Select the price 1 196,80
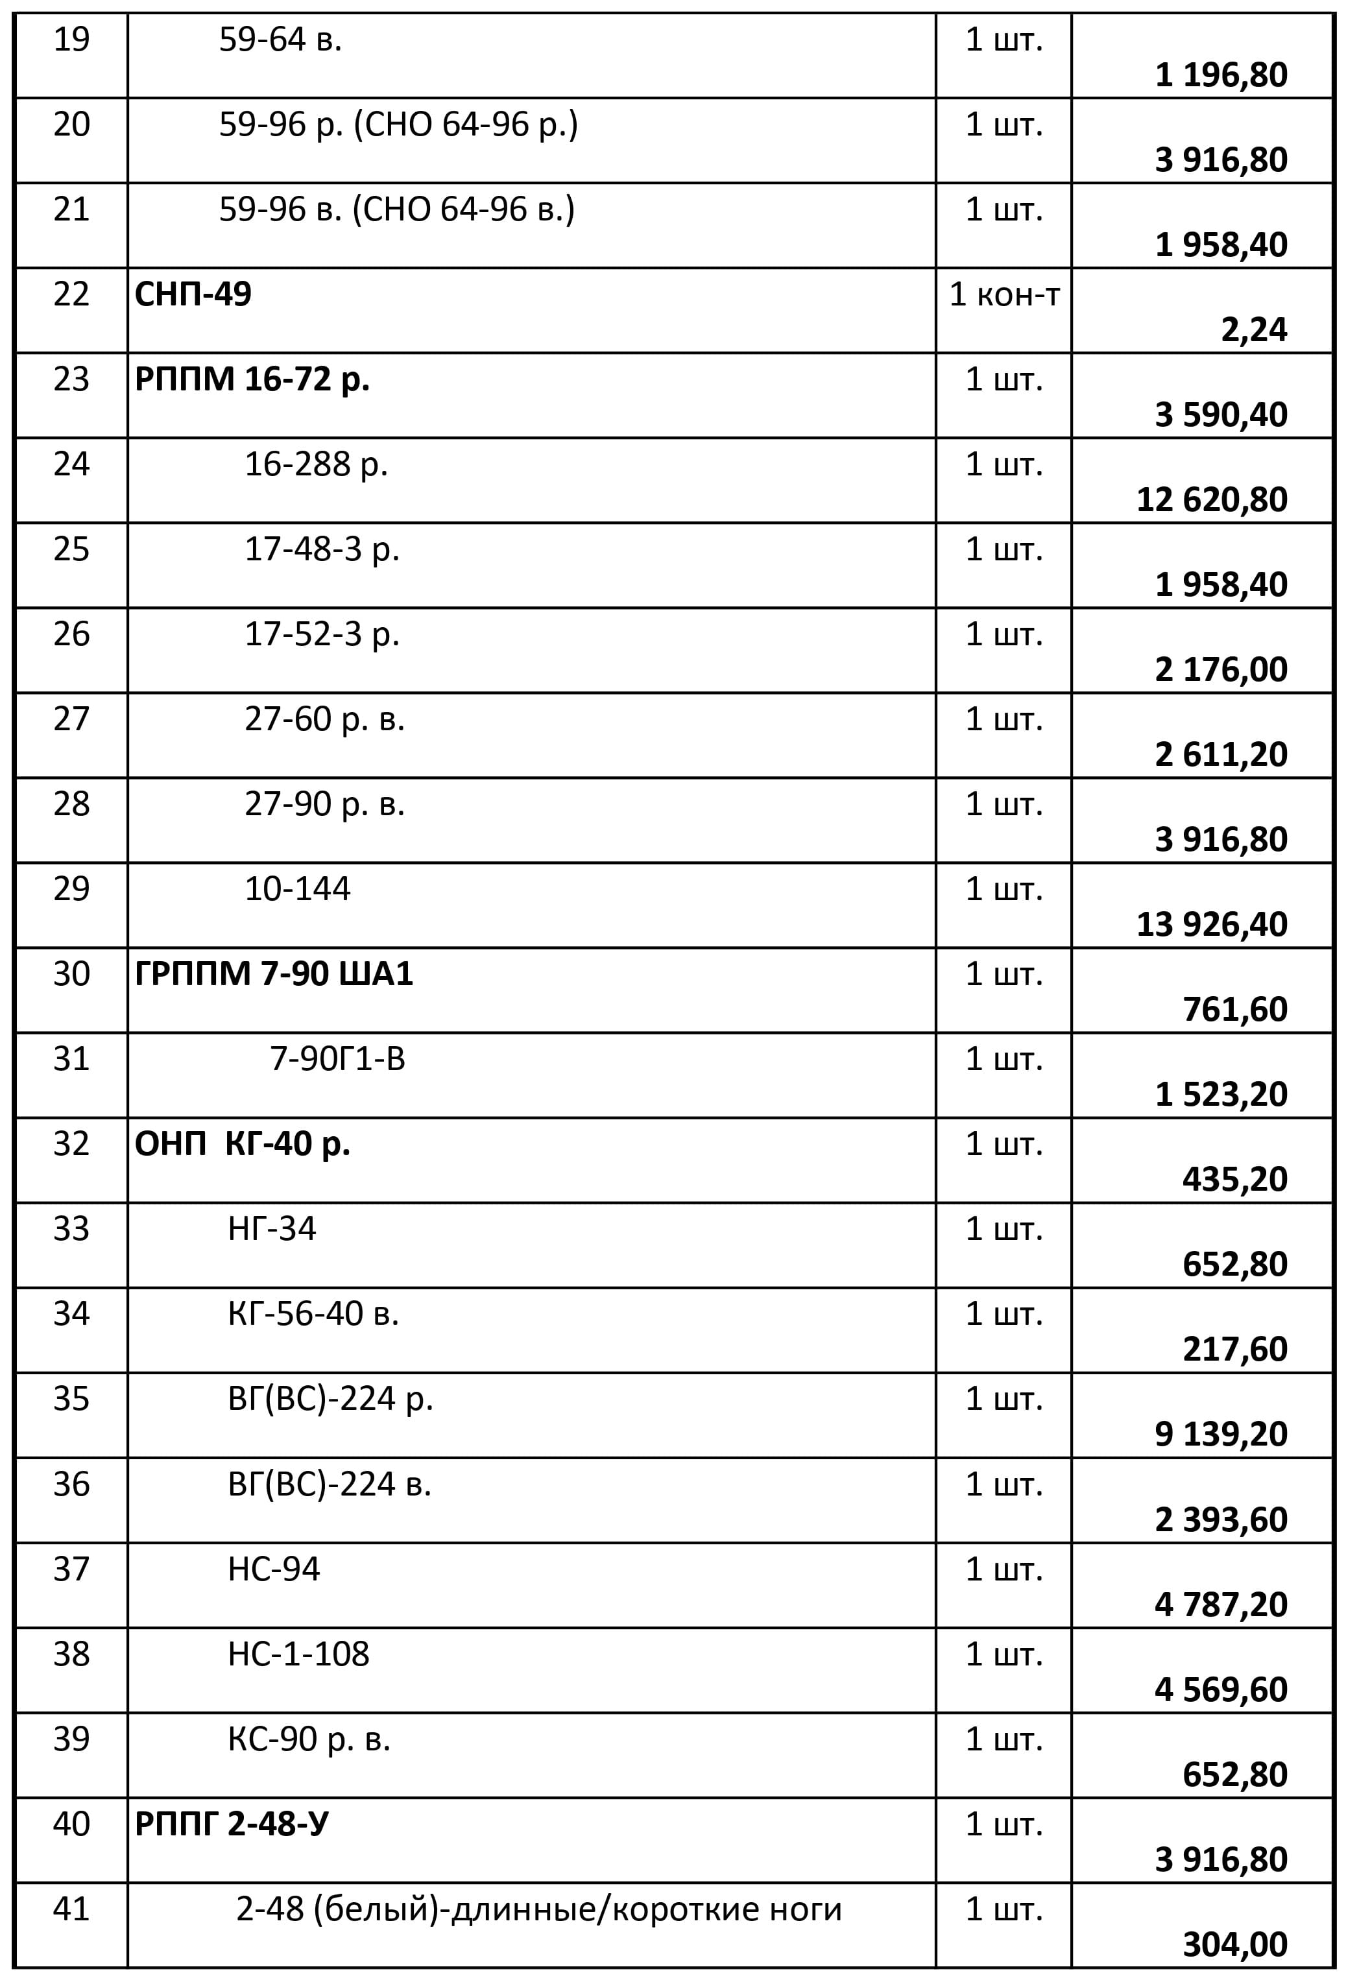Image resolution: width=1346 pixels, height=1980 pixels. click(x=1221, y=75)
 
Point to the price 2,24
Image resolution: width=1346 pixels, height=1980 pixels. click(x=1253, y=329)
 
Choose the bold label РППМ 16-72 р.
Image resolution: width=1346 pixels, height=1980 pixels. click(x=252, y=380)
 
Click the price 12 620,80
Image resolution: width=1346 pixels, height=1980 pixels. click(x=1212, y=500)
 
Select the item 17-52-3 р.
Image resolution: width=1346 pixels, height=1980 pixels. click(x=322, y=635)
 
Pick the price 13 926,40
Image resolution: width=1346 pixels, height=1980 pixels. click(x=1212, y=924)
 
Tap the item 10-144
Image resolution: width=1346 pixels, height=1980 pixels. click(x=297, y=889)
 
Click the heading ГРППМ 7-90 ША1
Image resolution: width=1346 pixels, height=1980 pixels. click(x=274, y=975)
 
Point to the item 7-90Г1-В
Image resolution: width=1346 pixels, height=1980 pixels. click(x=337, y=1059)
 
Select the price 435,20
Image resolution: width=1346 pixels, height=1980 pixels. click(x=1234, y=1179)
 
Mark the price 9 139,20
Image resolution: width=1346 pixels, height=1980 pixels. click(x=1221, y=1435)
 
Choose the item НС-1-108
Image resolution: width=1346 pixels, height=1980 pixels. click(x=298, y=1654)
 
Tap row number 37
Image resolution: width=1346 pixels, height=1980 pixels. click(x=71, y=1569)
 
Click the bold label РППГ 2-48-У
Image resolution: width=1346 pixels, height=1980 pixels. click(x=232, y=1824)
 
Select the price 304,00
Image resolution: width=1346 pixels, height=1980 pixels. click(x=1234, y=1945)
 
